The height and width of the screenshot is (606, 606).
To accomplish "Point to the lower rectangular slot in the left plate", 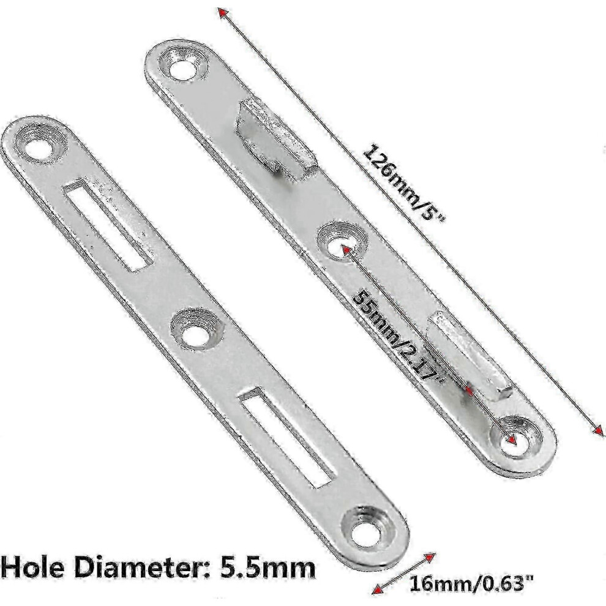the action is [x=286, y=439].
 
